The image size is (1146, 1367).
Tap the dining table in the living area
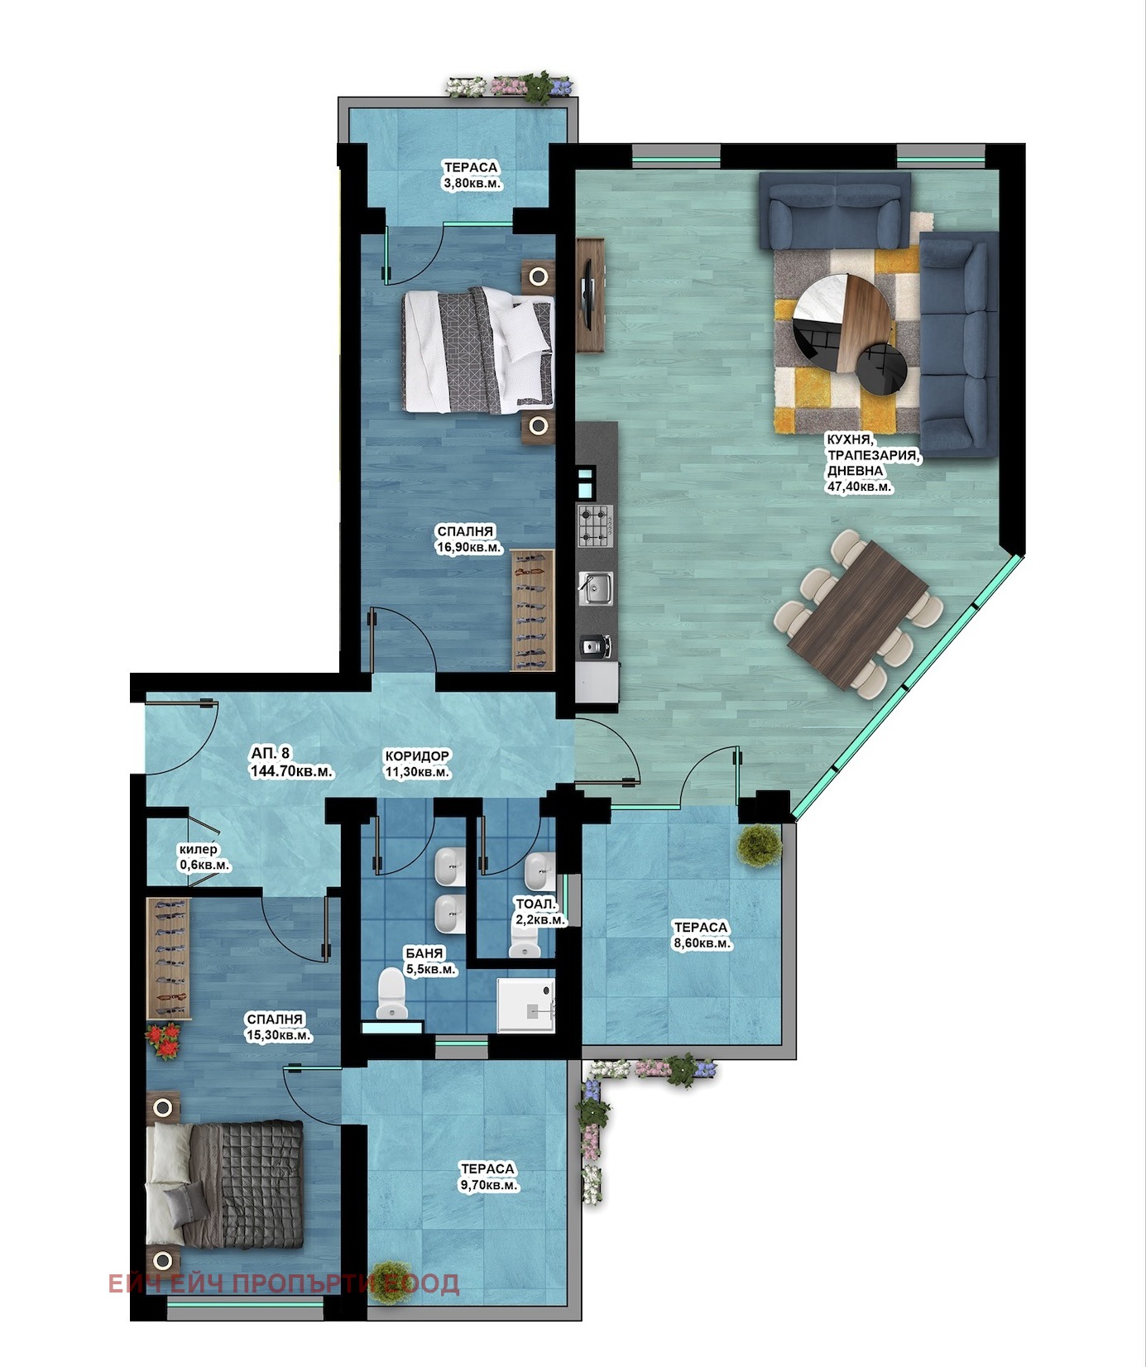pos(857,615)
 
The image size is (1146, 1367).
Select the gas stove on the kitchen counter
pos(595,525)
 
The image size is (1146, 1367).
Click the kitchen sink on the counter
pos(595,588)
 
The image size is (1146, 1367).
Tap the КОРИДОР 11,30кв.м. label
pos(417,764)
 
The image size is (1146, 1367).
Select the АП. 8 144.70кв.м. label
pos(291,762)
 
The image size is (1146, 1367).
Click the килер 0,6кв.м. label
pos(204,857)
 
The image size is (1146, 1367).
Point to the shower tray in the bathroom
pos(525,1005)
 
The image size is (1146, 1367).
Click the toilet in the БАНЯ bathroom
pos(391,994)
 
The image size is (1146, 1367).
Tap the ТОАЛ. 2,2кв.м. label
pos(539,912)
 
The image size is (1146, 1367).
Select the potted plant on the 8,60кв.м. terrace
pos(760,845)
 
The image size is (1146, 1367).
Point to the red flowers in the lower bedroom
pos(165,1042)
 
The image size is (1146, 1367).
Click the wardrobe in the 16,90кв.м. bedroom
pos(532,611)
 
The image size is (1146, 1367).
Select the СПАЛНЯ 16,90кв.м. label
pos(468,539)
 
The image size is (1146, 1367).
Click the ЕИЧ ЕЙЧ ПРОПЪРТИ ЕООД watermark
pos(284,1283)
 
